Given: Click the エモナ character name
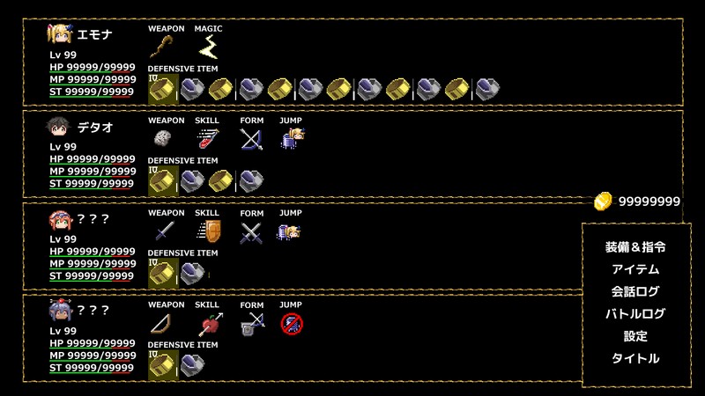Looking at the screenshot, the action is tap(94, 34).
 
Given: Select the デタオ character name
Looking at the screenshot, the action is tap(95, 128).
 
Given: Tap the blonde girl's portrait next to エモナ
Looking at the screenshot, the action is tap(60, 34).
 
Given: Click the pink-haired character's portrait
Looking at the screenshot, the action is tap(60, 220).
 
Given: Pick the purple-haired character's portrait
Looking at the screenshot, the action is tap(60, 311).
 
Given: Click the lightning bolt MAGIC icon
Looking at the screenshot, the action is tap(209, 47).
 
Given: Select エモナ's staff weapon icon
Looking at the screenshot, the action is tap(161, 47).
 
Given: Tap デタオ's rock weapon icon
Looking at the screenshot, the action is tap(163, 138).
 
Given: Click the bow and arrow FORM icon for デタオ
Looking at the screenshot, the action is tap(251, 139).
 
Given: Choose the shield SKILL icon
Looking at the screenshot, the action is tap(209, 231).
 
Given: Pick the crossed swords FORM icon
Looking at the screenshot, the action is tap(251, 232).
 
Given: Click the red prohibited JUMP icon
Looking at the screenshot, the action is tap(292, 324).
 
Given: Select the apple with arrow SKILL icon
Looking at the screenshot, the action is tap(210, 324).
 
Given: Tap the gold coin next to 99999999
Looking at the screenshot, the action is tap(603, 202).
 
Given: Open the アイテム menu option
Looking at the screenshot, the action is tap(635, 269).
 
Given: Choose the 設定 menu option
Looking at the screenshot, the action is tap(635, 336).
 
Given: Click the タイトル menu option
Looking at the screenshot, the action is tap(635, 358).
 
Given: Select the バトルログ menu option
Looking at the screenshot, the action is tap(635, 313).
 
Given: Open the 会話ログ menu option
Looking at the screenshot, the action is tap(635, 291).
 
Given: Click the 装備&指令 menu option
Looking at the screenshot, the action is tap(635, 247).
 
